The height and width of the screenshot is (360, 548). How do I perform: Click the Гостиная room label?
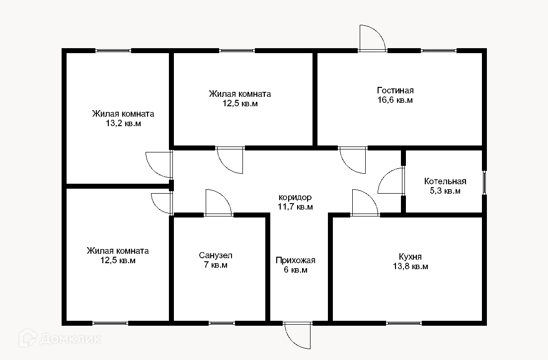pos(395,90)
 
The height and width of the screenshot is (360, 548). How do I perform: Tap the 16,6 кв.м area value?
pos(395,100)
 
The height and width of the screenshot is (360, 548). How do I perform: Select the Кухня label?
pos(410,257)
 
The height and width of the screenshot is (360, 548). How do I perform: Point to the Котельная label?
pos(445,181)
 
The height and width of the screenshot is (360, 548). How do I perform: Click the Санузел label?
pos(216,255)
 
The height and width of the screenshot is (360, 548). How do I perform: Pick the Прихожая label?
pos(296,260)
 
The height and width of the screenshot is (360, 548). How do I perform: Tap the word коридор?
pos(295,197)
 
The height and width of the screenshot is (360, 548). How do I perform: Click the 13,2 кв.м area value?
pos(123,124)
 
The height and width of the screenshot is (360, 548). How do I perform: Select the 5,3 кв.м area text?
pos(445,191)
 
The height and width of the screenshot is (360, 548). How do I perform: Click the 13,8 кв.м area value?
pos(410,266)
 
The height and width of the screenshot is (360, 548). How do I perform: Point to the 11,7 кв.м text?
pos(295,207)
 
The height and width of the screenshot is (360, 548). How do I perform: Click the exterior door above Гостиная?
pos(372,39)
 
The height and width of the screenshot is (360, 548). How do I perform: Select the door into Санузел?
pos(218,204)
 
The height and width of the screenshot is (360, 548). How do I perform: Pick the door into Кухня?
pos(364,204)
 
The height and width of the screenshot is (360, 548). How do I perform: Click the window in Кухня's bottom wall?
pos(404,323)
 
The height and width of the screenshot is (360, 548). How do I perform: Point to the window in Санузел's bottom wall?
pos(222,323)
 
